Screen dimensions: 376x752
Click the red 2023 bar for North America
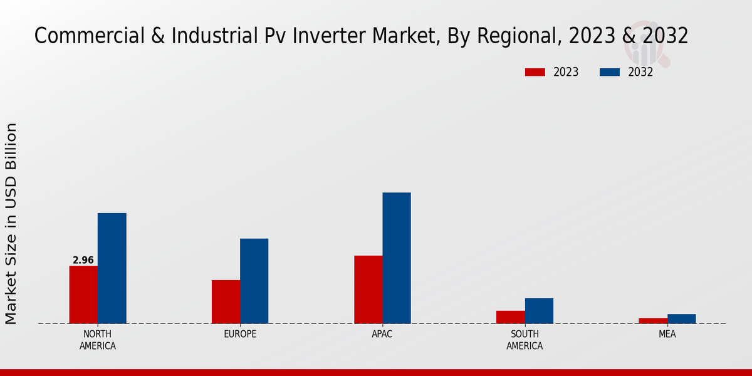coord(83,295)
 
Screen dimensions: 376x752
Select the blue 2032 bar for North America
coord(112,268)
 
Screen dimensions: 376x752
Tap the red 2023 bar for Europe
coord(226,301)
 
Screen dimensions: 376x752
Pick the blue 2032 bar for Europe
coord(254,281)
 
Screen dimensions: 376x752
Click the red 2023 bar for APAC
coord(368,290)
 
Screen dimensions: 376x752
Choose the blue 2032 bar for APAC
coord(397,258)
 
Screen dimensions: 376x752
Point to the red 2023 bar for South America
coord(510,317)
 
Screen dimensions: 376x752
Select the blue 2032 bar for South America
coord(539,311)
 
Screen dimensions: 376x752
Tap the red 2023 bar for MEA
coord(653,321)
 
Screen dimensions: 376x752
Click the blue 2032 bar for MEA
coord(681,318)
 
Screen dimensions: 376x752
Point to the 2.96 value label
coord(83,260)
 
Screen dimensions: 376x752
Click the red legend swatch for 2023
coord(535,72)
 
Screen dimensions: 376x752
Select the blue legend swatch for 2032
coord(610,72)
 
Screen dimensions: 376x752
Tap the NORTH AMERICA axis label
coord(98,340)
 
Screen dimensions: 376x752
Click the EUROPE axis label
coord(240,334)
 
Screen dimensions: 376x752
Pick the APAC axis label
coord(382,334)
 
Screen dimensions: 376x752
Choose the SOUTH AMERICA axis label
coord(525,340)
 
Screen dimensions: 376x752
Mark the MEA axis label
coord(667,334)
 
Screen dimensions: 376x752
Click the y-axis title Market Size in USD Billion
coord(11,224)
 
